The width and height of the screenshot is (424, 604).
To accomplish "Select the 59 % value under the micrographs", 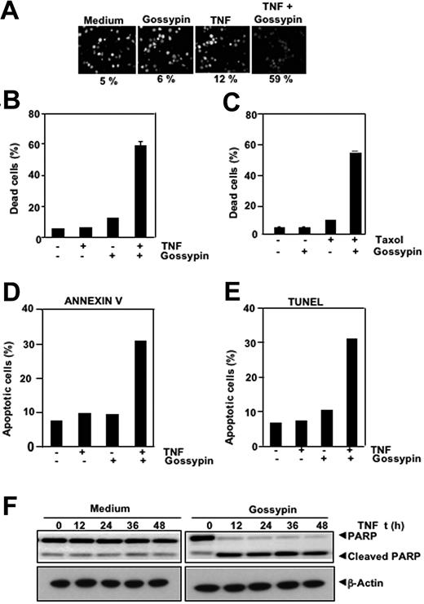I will click(279, 79).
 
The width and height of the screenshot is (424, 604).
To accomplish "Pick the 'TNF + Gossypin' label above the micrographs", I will click(279, 15).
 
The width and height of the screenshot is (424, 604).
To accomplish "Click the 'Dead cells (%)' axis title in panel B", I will click(16, 175).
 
